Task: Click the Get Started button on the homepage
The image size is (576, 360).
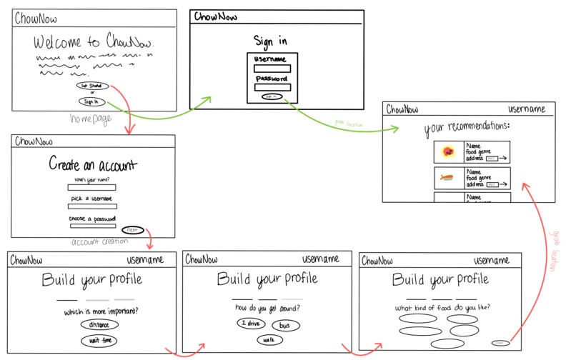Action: point(91,86)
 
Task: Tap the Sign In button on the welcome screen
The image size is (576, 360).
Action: point(91,101)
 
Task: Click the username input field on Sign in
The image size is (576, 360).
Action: point(272,69)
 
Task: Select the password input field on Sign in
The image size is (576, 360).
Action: point(272,87)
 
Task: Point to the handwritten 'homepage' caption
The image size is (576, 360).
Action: point(91,119)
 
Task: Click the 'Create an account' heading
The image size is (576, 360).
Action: point(92,165)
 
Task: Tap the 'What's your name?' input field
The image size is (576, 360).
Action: point(91,188)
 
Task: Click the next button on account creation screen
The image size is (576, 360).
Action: point(132,230)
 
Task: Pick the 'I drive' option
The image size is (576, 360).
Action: point(251,324)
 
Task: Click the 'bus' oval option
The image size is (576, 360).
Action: point(285,326)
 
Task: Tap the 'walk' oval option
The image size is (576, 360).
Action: point(268,340)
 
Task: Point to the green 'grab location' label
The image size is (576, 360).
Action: point(349,122)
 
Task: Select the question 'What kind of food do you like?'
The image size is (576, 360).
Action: point(442,308)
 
